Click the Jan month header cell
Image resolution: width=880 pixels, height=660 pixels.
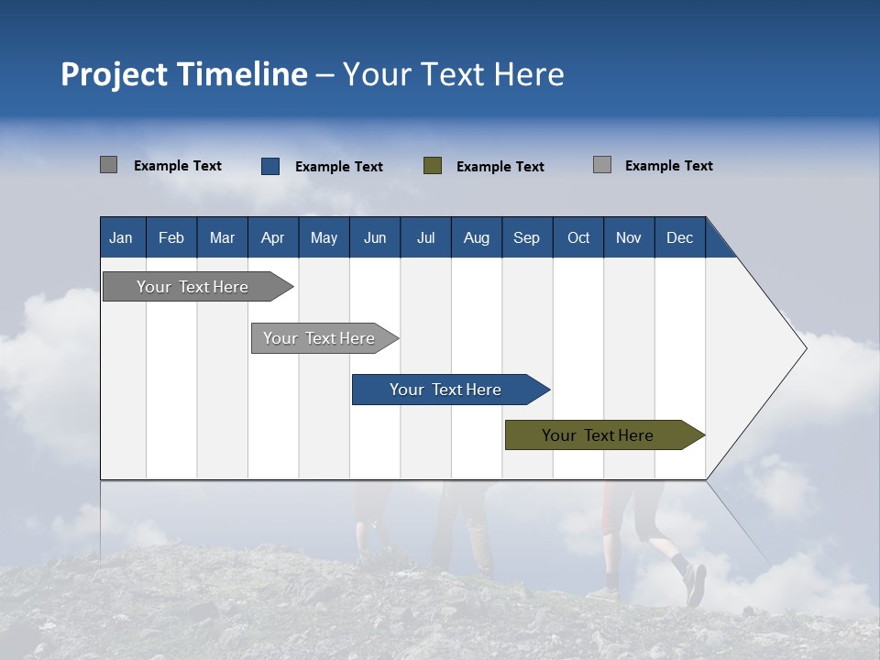pyautogui.click(x=122, y=237)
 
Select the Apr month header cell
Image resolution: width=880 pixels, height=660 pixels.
pyautogui.click(x=273, y=237)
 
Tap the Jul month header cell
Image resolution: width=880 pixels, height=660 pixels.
pyautogui.click(x=425, y=237)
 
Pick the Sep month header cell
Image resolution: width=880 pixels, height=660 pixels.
pyautogui.click(x=527, y=237)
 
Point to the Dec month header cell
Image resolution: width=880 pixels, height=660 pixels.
pyautogui.click(x=679, y=237)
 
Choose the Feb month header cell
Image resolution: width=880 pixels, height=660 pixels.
pyautogui.click(x=171, y=237)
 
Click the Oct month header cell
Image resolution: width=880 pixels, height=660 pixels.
pyautogui.click(x=578, y=237)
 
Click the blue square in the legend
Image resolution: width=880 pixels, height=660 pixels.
pyautogui.click(x=270, y=166)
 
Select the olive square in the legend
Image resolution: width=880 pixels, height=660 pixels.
pyautogui.click(x=433, y=166)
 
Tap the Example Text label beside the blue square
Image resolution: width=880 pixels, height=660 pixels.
pyautogui.click(x=339, y=167)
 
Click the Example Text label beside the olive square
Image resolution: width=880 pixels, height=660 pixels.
pyautogui.click(x=500, y=167)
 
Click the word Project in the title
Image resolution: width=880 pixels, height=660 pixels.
pyautogui.click(x=114, y=74)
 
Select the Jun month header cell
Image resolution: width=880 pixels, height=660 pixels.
pyautogui.click(x=375, y=237)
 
